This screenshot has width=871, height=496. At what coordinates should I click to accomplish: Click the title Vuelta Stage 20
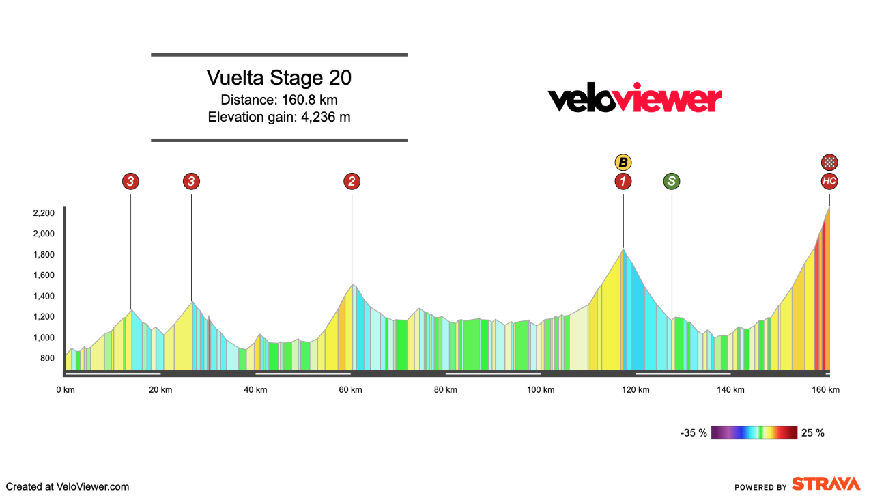point(279,78)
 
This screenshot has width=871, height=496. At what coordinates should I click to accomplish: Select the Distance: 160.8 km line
point(279,100)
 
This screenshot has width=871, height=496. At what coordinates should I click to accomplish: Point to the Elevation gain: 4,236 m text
point(279,117)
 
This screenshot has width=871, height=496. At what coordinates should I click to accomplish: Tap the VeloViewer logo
point(635,99)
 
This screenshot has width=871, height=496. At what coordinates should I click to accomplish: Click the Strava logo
point(825,484)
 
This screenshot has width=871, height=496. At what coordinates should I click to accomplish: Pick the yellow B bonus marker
point(623,163)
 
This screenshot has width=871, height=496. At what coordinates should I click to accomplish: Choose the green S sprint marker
point(672,181)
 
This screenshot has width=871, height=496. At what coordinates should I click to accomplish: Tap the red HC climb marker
point(829,181)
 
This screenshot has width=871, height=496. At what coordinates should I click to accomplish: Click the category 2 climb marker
point(352,181)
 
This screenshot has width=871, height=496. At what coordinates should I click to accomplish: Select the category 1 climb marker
point(623,181)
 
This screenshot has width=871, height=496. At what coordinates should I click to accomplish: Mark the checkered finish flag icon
point(829,163)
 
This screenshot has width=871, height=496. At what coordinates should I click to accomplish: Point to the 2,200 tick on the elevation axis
point(43,213)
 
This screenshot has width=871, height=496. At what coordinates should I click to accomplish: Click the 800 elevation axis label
point(46,358)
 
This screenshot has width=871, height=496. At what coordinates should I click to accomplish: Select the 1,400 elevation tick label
point(43,296)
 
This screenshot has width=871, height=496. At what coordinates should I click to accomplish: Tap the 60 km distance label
point(350,390)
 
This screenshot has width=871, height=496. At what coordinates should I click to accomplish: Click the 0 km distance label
point(66,390)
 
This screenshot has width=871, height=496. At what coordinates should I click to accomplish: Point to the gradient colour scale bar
point(754,432)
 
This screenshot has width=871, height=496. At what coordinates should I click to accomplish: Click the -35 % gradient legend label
point(694,432)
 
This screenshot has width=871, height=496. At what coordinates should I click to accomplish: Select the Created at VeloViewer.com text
point(68,487)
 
